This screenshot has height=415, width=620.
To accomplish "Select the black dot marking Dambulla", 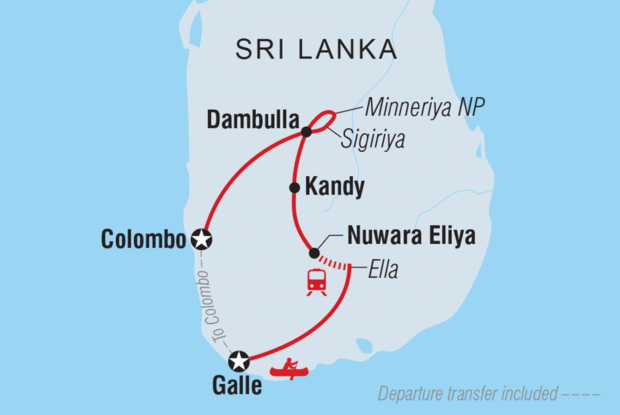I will [306, 130].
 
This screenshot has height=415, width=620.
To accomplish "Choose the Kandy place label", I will [339, 187].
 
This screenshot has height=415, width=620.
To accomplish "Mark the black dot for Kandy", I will [294, 187].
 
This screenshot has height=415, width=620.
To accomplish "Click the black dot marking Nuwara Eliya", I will [314, 253].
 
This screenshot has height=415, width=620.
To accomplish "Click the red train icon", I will [317, 282].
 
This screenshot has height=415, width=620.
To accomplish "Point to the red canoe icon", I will [290, 371].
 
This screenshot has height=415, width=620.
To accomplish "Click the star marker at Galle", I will [238, 361].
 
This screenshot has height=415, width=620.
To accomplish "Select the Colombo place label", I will [144, 239].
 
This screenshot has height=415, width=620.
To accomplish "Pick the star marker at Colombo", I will [203, 239].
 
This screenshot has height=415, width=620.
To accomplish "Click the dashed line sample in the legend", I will [583, 393].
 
